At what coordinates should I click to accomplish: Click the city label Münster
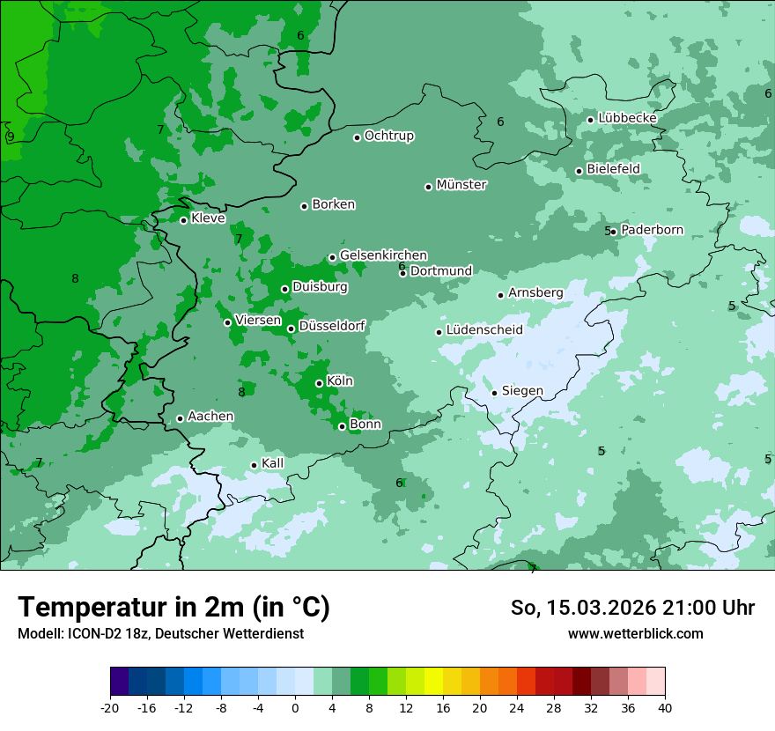click(x=461, y=185)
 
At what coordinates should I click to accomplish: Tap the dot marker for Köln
click(x=319, y=383)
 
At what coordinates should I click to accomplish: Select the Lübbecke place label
click(x=627, y=118)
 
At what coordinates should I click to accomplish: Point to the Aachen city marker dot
click(x=180, y=418)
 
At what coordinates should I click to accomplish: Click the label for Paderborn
click(x=652, y=230)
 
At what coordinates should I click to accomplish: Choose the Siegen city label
click(x=522, y=391)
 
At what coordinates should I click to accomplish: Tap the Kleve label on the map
click(x=208, y=218)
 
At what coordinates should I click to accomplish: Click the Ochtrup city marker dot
click(x=357, y=137)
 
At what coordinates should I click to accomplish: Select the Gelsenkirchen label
click(x=383, y=255)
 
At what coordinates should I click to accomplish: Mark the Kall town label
click(x=273, y=463)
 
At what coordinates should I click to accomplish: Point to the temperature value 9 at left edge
click(x=11, y=137)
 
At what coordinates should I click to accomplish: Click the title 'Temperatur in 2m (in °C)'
click(x=173, y=607)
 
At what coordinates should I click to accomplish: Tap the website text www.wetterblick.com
click(x=635, y=633)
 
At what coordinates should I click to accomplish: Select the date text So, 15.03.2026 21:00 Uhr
click(x=632, y=608)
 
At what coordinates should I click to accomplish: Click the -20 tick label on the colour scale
click(x=110, y=708)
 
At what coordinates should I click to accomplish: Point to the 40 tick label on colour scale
click(x=664, y=708)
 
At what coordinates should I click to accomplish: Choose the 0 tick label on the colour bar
click(x=295, y=708)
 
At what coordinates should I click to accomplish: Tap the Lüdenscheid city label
click(x=484, y=330)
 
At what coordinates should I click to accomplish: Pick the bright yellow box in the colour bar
click(x=433, y=682)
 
